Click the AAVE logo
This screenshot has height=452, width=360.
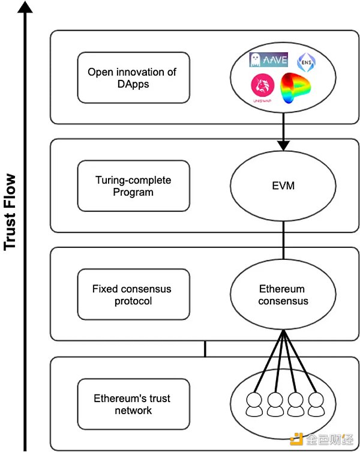269,60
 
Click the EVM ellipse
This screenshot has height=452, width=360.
283,186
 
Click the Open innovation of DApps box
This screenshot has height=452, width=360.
133,77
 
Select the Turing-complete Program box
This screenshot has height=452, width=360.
133,185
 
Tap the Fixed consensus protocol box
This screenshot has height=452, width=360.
133,294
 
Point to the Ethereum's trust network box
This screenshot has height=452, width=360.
133,404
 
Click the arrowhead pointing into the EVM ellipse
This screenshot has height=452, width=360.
283,146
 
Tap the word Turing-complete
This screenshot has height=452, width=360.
124,179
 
